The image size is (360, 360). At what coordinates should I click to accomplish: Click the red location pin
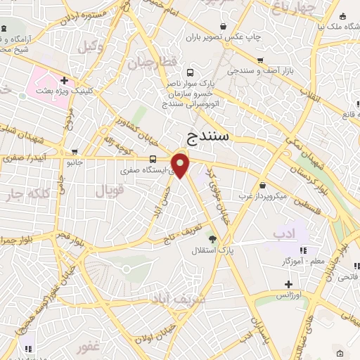(181, 165)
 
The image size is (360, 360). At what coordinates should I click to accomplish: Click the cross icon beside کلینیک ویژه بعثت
(64, 80)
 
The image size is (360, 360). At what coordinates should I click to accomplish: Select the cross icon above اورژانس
(288, 284)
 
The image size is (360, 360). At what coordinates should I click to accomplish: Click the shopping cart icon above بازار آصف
(260, 60)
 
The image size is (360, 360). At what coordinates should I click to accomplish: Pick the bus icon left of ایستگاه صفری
(153, 158)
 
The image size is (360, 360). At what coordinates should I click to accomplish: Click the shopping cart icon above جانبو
(75, 151)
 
